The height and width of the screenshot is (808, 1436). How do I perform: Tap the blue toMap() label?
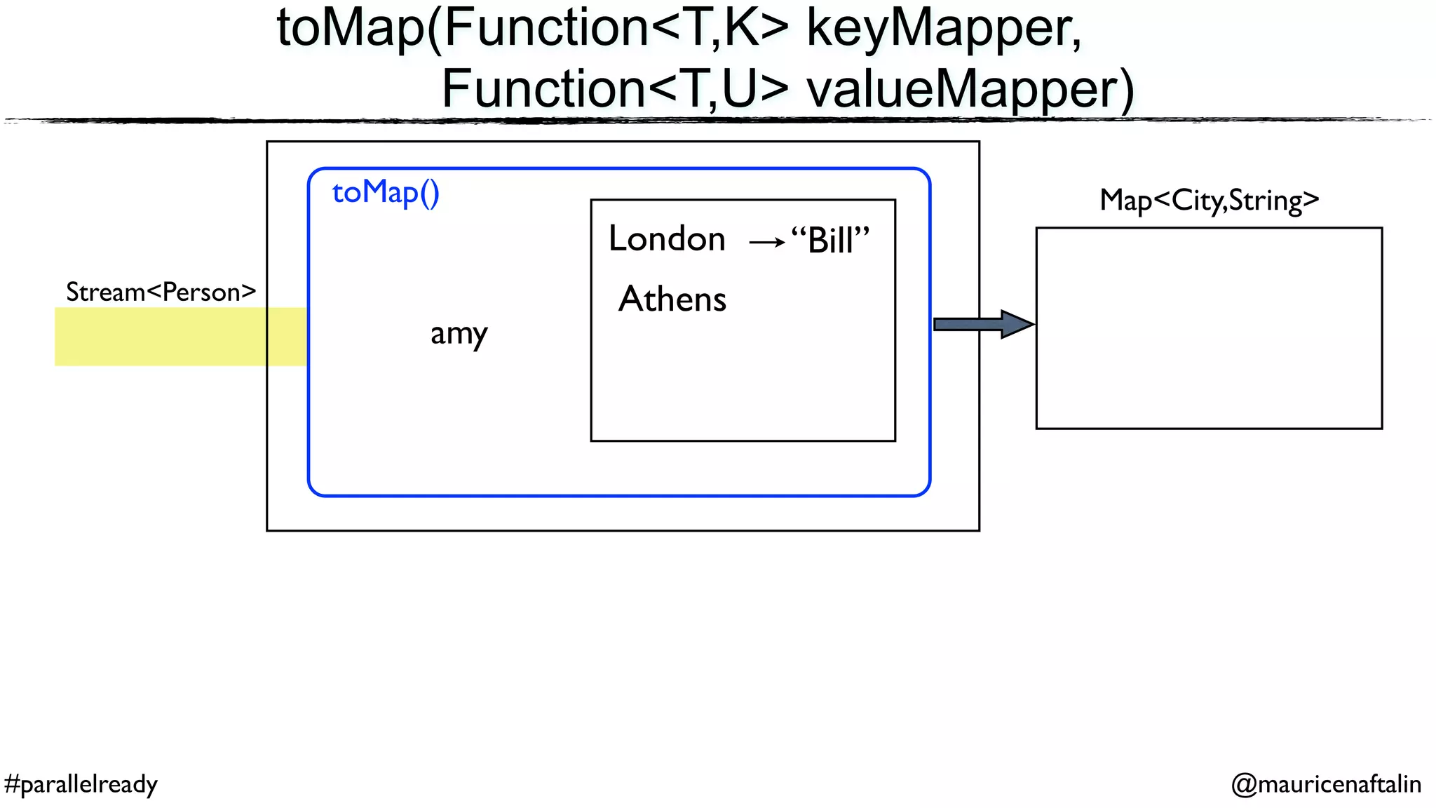[385, 192]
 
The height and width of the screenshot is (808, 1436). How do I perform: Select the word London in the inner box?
[666, 238]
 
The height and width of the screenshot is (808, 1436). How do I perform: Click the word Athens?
[672, 299]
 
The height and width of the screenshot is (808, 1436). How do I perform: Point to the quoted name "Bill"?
[830, 241]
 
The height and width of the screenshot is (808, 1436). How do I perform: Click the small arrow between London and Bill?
[766, 243]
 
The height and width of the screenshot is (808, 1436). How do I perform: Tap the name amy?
[459, 334]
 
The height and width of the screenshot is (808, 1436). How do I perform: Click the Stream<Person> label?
[161, 292]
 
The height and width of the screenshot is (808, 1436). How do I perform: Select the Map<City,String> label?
[1209, 201]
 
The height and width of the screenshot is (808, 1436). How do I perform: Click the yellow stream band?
[161, 337]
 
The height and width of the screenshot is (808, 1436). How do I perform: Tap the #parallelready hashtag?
[81, 783]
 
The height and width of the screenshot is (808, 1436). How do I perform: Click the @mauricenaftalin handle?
[1326, 783]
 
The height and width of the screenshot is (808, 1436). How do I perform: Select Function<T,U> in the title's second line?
[616, 90]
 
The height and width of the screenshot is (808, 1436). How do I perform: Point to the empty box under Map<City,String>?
[1209, 328]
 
